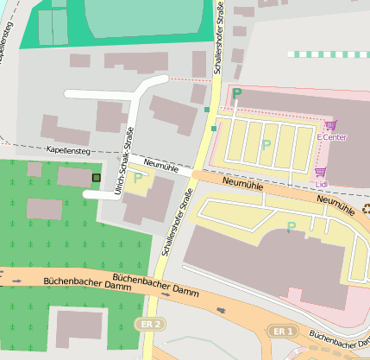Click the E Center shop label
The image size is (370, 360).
331,137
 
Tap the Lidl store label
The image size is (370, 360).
322,183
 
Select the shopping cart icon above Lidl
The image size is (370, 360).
321,172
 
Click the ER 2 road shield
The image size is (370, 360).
153,324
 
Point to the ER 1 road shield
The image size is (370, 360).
282,331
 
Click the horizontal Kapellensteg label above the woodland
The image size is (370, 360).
66,151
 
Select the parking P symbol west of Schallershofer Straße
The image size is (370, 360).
137,178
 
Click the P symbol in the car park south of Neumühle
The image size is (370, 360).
291,226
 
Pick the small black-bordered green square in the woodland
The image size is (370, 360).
96,178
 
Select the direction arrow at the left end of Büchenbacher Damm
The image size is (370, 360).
16,280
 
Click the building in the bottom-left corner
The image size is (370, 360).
79,328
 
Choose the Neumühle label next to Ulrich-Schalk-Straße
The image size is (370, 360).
162,164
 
